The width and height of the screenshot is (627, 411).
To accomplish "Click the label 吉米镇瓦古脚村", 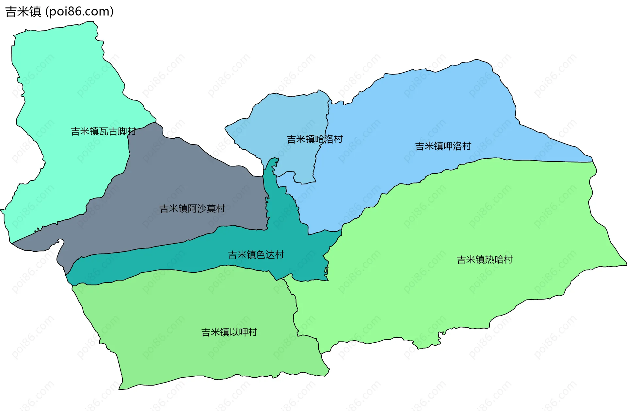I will tap(104, 131).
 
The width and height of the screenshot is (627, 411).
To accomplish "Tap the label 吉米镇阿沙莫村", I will tap(192, 209).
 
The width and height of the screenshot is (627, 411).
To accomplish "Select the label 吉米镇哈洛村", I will tap(314, 139).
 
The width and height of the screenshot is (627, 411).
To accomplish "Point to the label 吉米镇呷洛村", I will tap(443, 146).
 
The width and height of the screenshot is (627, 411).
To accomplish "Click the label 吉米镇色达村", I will tap(256, 255).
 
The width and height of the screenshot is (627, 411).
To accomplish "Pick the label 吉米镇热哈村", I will tap(485, 260).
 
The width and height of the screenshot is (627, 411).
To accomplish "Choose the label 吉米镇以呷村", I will tap(229, 332).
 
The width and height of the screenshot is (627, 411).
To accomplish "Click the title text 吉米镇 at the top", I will tap(23, 11).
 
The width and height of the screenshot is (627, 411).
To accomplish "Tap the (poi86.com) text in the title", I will tap(79, 11).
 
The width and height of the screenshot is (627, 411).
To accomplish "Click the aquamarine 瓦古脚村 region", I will tap(65, 82).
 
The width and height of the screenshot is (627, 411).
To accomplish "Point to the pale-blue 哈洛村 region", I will tap(287, 114).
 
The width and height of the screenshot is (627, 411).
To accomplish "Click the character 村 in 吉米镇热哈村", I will tap(508, 260).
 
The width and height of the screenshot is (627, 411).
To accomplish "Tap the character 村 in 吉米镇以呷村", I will tap(253, 332).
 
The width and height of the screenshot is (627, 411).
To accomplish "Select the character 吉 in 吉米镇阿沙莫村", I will tap(164, 209).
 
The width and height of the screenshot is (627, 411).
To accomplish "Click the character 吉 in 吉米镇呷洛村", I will tap(420, 146).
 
